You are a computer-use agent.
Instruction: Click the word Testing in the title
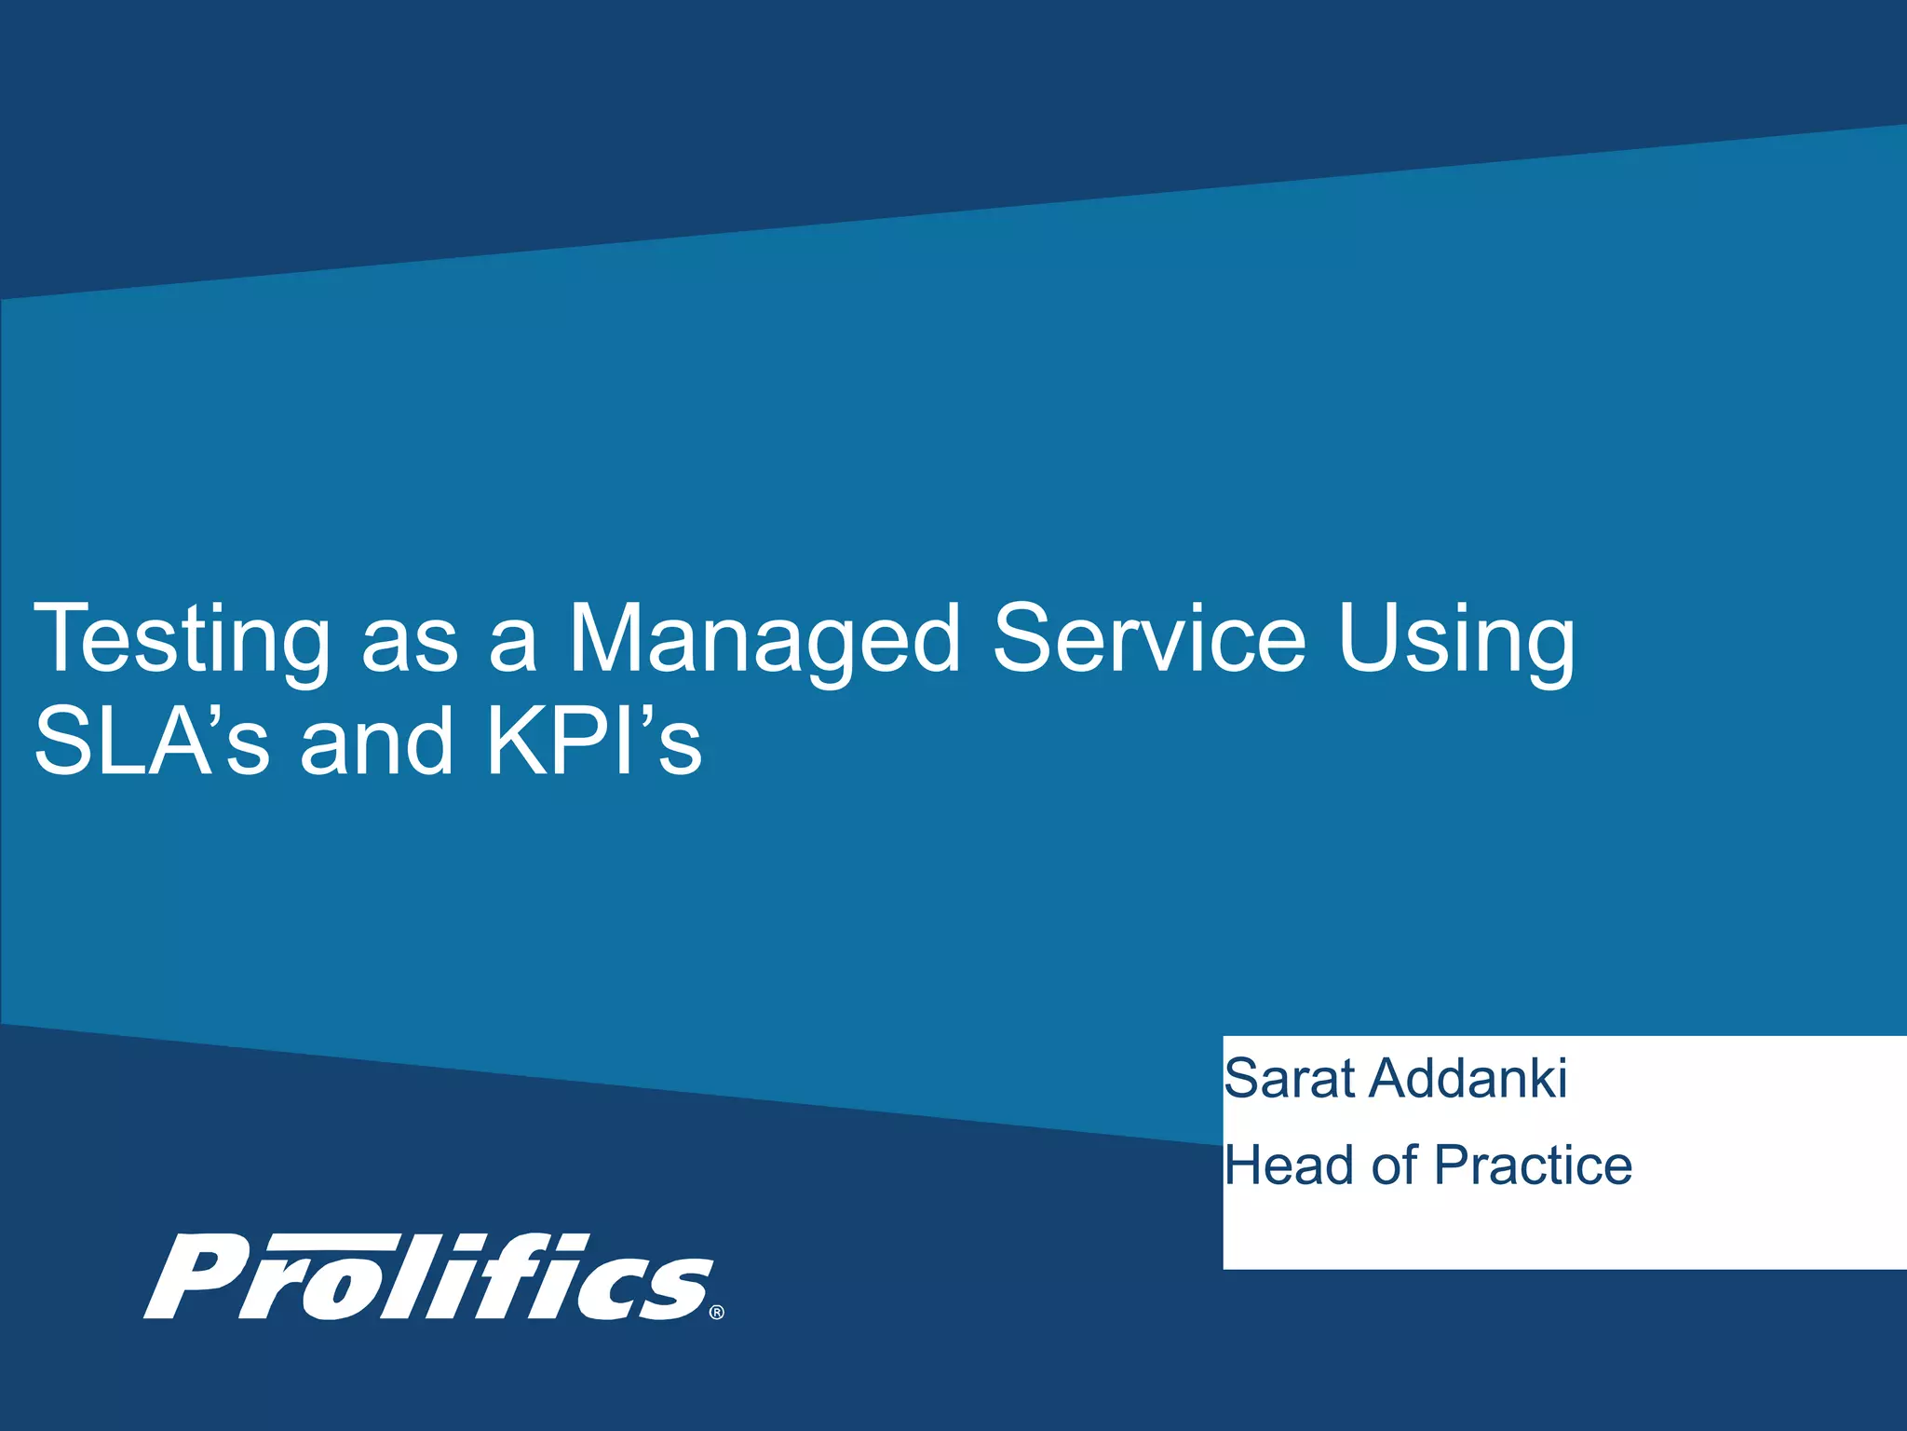click(182, 641)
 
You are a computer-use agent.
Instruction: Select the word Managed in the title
click(764, 641)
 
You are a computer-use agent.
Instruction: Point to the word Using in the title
click(1456, 641)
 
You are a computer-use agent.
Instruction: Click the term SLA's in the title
click(152, 742)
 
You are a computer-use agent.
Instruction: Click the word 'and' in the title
click(377, 742)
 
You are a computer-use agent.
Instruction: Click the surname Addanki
click(1468, 1079)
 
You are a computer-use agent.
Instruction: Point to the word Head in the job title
click(1289, 1165)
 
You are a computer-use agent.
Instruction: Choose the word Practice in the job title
click(1533, 1165)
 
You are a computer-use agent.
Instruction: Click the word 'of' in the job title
click(1394, 1165)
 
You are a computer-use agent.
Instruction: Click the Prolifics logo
click(430, 1276)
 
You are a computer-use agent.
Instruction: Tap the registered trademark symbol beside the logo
click(716, 1313)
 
